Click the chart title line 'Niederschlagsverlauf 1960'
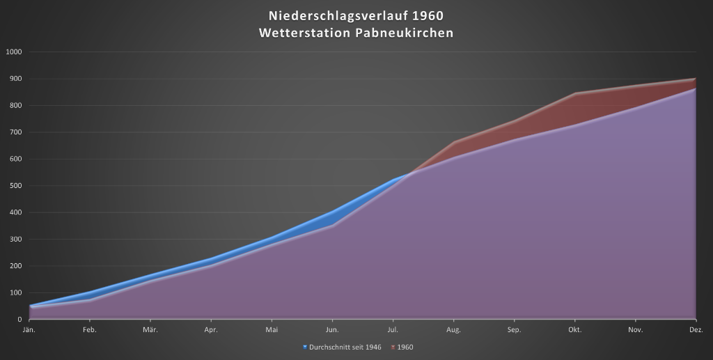[356, 15]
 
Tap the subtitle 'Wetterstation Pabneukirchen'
[356, 33]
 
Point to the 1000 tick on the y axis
[14, 52]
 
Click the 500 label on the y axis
[16, 186]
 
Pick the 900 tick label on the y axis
[16, 79]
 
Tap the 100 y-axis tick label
[16, 292]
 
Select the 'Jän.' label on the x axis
[29, 329]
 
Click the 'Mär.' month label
[150, 329]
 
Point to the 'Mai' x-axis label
[272, 329]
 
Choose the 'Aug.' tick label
[453, 329]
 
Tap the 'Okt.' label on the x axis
[575, 329]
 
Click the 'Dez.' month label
[696, 329]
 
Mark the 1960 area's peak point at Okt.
[575, 93]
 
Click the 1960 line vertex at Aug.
[454, 142]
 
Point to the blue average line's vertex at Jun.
[333, 212]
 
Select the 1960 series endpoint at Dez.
[696, 79]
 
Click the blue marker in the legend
[305, 347]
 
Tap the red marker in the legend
[392, 347]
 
